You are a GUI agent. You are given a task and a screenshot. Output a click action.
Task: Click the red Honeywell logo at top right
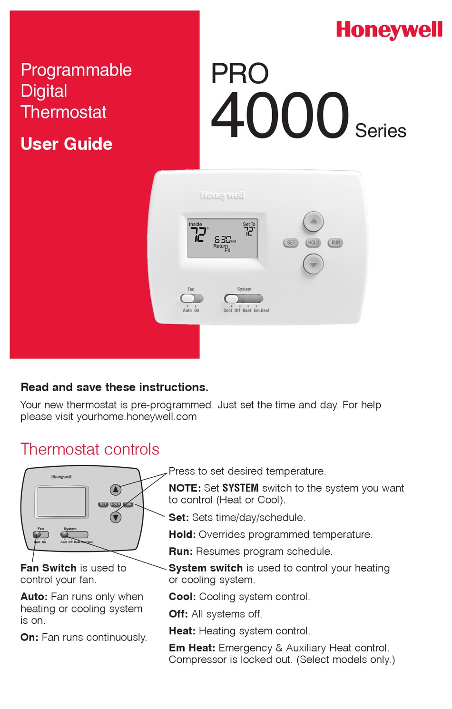pyautogui.click(x=389, y=30)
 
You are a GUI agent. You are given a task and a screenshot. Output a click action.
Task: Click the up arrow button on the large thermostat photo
pyautogui.click(x=313, y=221)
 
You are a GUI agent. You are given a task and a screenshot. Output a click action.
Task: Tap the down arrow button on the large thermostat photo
pyautogui.click(x=313, y=264)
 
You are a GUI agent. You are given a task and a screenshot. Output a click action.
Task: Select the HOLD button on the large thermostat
pyautogui.click(x=313, y=243)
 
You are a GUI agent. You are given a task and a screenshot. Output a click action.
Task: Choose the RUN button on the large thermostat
pyautogui.click(x=335, y=243)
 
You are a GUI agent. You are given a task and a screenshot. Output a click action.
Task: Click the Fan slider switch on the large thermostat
pyautogui.click(x=191, y=298)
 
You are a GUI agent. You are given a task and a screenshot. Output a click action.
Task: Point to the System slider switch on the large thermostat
pyautogui.click(x=243, y=298)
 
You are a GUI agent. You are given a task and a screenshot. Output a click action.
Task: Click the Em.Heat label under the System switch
pyautogui.click(x=262, y=310)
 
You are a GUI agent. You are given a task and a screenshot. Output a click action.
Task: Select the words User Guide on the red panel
pyautogui.click(x=67, y=144)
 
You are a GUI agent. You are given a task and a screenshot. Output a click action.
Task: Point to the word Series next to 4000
pyautogui.click(x=381, y=131)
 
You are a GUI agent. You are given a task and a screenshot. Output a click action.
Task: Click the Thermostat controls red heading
pyautogui.click(x=90, y=449)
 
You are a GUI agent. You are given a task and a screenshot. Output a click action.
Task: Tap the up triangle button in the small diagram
pyautogui.click(x=116, y=489)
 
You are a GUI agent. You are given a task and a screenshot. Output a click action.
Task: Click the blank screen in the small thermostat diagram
pyautogui.click(x=61, y=502)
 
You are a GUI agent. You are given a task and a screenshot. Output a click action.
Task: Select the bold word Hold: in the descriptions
pyautogui.click(x=182, y=534)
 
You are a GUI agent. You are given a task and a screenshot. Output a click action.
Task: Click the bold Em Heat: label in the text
pyautogui.click(x=192, y=648)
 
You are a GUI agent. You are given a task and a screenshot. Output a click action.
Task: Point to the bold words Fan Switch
pyautogui.click(x=49, y=568)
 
